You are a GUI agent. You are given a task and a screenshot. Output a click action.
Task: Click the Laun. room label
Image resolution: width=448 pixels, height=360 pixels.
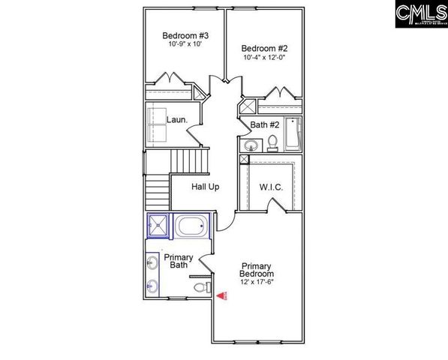[x=177, y=118]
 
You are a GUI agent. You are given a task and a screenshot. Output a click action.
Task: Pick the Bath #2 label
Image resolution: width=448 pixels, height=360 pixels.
[x=265, y=124]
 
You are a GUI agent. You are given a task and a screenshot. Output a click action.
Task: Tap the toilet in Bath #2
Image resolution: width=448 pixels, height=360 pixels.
[x=274, y=142]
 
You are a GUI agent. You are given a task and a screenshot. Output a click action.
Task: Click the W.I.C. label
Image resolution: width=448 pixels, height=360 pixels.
[x=271, y=187]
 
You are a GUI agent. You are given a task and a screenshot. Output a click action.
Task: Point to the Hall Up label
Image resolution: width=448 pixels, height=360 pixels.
[x=205, y=187]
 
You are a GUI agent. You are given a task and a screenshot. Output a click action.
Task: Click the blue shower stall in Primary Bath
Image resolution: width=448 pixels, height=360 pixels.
[x=158, y=225]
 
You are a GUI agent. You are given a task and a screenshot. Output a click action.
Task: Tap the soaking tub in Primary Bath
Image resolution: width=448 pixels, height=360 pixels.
[x=193, y=226]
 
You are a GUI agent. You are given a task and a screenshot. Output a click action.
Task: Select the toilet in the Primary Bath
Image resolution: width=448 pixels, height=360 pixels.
[x=201, y=287]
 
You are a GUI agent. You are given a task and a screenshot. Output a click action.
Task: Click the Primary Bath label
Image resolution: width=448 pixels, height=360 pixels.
[x=179, y=261]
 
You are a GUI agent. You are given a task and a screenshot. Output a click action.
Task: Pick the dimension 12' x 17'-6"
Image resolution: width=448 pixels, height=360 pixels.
[x=257, y=282]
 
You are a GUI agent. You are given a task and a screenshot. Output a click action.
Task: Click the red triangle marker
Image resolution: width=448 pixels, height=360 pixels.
[x=222, y=296]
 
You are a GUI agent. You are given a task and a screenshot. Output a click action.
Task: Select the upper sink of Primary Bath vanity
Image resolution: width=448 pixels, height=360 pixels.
[x=153, y=262]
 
